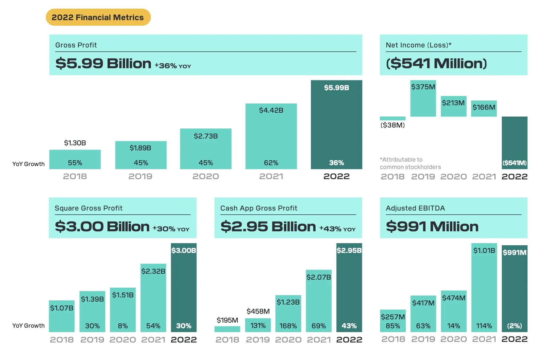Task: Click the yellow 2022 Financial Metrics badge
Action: pos(98,17)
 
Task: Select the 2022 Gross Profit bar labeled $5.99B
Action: pos(336,125)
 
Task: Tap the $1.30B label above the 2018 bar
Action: pos(75,143)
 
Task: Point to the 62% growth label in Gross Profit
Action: pos(271,163)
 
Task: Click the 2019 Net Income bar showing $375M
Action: pos(423,98)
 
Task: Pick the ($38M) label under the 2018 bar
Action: pos(392,125)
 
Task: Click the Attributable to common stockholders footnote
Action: pos(410,163)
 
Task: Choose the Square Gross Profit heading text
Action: pos(88,208)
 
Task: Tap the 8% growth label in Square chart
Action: pos(123,326)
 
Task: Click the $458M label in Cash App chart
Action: pos(258,311)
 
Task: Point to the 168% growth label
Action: pos(288,326)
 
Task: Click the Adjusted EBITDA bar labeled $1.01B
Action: pos(484,288)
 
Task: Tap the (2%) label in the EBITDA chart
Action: pos(514,326)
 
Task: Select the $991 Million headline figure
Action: pos(432,227)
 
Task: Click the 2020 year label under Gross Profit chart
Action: pos(206,176)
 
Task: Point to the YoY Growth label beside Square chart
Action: pos(28,326)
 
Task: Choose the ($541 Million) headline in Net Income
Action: pos(436,63)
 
